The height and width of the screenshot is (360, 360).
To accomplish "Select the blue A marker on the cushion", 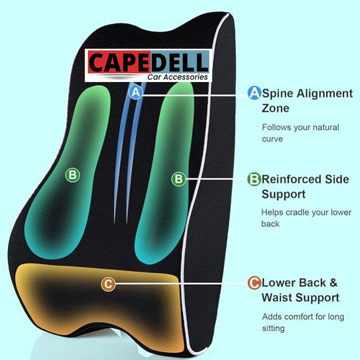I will pos(137,93).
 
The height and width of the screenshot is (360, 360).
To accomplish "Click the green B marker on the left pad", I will pos(73,175).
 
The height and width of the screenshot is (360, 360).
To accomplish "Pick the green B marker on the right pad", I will pos(178,179).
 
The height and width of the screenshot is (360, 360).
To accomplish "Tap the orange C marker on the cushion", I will pos(107,284).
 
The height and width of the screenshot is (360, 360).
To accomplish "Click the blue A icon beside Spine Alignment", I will pos(255,93).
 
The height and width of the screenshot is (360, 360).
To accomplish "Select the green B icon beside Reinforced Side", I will pos(255,179).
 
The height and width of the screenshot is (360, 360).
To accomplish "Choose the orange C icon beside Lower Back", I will pos(255,283).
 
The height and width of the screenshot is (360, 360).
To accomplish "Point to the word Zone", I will pos(275,109).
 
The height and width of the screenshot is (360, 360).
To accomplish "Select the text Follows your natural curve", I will pos(300,133).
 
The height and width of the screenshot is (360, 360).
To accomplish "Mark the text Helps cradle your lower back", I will pos(306,218).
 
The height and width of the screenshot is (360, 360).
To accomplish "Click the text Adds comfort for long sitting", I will pos(303,322).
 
